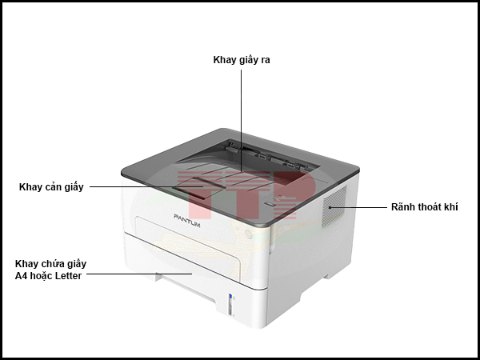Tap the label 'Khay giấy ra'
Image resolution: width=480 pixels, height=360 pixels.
tap(242, 60)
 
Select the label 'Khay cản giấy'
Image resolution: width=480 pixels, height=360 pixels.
tap(51, 187)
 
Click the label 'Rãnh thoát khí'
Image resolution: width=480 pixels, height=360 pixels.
tap(424, 207)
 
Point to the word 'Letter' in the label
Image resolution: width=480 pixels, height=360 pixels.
tap(66, 276)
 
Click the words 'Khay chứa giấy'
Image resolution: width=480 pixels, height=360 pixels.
tap(50, 263)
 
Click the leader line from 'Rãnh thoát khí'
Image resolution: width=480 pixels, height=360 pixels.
tap(360, 207)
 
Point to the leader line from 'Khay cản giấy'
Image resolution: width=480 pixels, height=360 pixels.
tap(136, 187)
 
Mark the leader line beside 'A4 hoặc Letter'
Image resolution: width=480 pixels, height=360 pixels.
tap(136, 274)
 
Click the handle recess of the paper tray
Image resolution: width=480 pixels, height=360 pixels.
tap(183, 282)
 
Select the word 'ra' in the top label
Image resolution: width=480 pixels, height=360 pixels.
tap(265, 60)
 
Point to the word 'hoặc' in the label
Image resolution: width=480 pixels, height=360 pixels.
tap(40, 276)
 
